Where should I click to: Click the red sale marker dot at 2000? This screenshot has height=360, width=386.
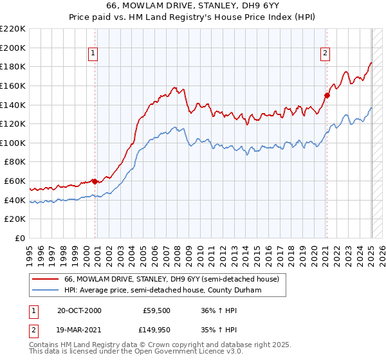pyautogui.click(x=95, y=181)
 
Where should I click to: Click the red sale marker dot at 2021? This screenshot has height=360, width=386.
pyautogui.click(x=327, y=95)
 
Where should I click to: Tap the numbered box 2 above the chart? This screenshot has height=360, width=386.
pyautogui.click(x=326, y=53)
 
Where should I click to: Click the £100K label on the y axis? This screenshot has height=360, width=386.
pyautogui.click(x=13, y=143)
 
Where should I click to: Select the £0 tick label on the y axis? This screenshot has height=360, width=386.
pyautogui.click(x=20, y=239)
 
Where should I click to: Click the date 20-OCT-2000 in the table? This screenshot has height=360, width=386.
pyautogui.click(x=79, y=310)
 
